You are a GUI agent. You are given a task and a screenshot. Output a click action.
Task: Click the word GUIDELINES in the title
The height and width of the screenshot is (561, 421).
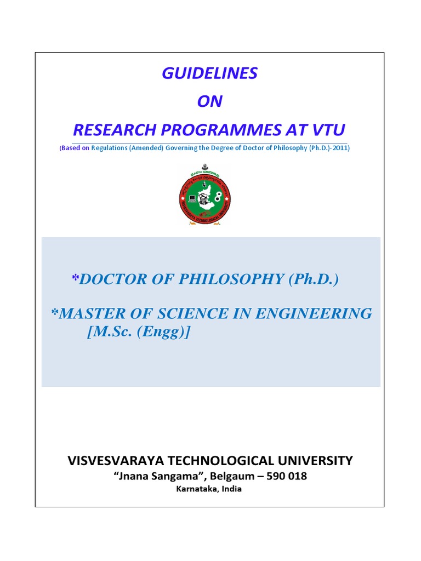209,74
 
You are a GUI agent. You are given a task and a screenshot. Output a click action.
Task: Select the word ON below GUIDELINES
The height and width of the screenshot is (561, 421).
209,102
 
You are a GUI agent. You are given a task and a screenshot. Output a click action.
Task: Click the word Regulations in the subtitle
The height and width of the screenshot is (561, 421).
109,148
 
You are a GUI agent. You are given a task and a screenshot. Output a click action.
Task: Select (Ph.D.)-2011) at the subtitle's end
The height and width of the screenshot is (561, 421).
329,148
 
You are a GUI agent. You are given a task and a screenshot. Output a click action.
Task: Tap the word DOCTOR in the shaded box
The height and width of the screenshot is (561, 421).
113,279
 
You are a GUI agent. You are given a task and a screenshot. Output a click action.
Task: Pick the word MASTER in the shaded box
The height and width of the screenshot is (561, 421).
91,313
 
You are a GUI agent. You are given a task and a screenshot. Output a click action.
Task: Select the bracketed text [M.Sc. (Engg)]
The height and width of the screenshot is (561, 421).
139,332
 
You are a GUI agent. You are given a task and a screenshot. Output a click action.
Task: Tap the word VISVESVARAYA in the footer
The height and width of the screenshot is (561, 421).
116,461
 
